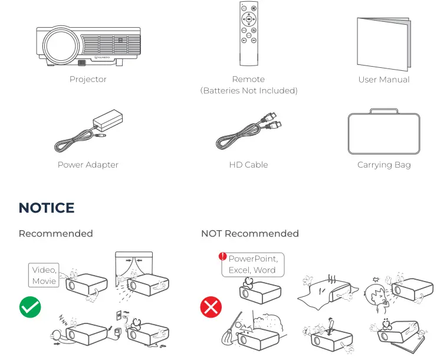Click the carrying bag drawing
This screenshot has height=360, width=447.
(x=384, y=133)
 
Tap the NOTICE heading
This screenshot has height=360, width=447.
(x=47, y=208)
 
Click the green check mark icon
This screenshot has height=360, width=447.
(x=30, y=307)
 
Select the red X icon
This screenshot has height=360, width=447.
(x=211, y=307)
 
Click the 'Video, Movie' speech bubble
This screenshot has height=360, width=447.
(x=45, y=276)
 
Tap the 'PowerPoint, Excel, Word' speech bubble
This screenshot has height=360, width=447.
(x=252, y=264)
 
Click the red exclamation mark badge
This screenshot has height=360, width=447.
(x=222, y=257)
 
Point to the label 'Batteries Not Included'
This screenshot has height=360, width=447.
(x=248, y=91)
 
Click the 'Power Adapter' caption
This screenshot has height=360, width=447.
(x=88, y=165)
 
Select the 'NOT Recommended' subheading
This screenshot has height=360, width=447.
(x=249, y=234)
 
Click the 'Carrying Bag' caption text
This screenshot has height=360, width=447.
(x=384, y=165)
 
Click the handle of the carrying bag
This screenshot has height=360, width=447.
(x=384, y=112)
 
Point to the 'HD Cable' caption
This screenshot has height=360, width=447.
(x=248, y=165)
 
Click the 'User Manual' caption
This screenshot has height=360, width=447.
(x=384, y=79)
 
